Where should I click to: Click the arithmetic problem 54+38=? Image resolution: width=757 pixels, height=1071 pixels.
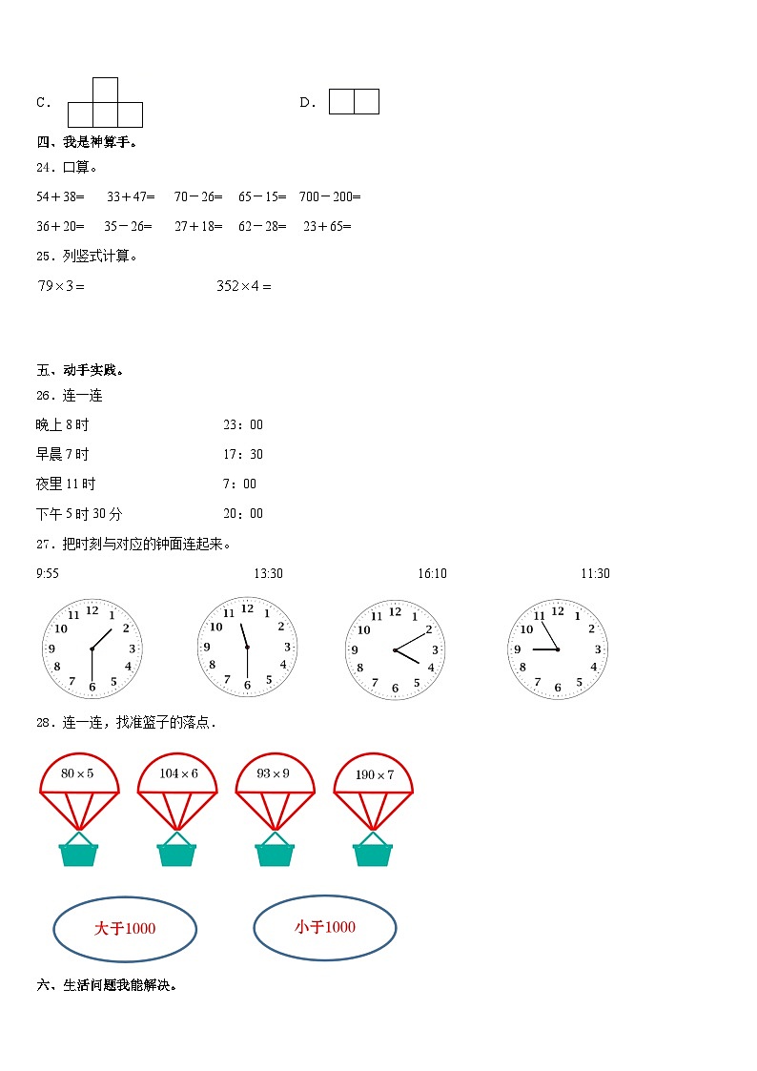click(60, 197)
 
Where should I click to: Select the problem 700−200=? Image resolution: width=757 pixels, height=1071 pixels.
click(329, 197)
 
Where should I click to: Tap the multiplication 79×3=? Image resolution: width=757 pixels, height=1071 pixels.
click(61, 286)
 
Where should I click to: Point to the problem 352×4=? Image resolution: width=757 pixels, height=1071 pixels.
click(243, 286)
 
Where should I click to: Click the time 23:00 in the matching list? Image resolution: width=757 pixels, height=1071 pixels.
click(243, 425)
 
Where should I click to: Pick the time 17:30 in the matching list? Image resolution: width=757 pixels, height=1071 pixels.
click(243, 455)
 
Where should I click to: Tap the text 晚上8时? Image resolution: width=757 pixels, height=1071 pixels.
click(62, 425)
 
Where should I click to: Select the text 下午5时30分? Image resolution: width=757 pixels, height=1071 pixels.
click(79, 514)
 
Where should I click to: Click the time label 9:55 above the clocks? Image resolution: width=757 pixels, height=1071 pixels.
click(48, 573)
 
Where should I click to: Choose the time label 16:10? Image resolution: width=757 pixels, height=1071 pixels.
click(432, 573)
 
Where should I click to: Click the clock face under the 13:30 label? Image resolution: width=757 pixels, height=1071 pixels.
click(247, 648)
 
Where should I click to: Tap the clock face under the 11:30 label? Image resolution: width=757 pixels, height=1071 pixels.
click(558, 649)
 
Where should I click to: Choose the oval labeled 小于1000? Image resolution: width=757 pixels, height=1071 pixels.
click(325, 927)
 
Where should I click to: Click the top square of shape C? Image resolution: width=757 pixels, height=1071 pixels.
click(105, 90)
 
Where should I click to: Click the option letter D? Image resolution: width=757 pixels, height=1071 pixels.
click(307, 103)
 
